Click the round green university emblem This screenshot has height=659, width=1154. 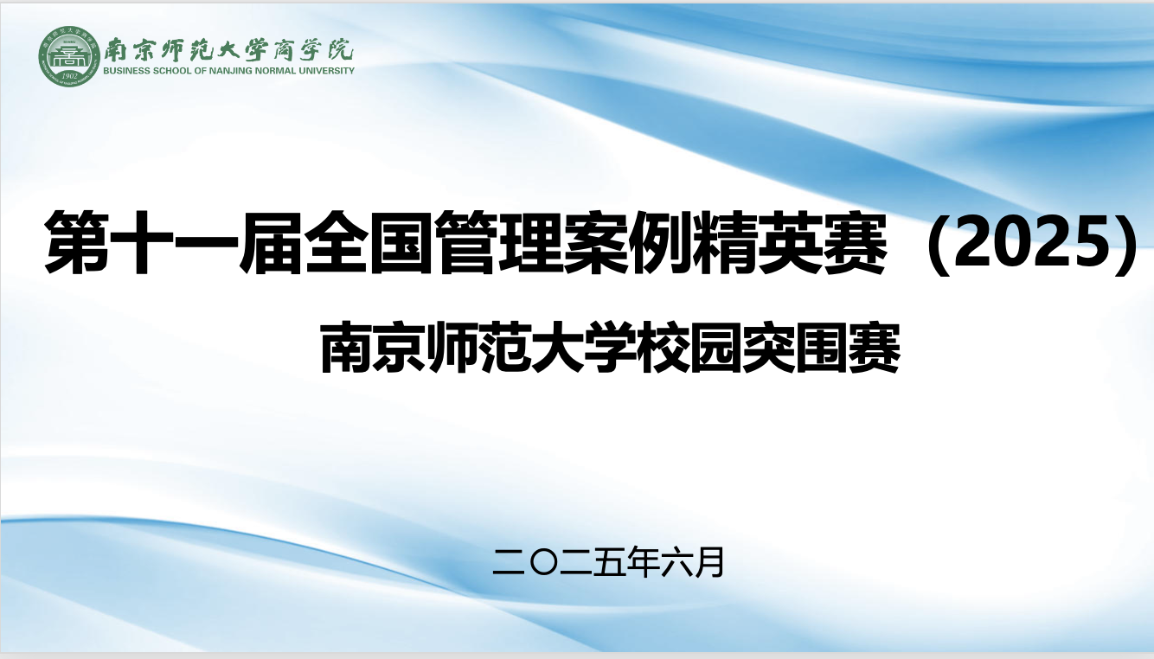[65, 57]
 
